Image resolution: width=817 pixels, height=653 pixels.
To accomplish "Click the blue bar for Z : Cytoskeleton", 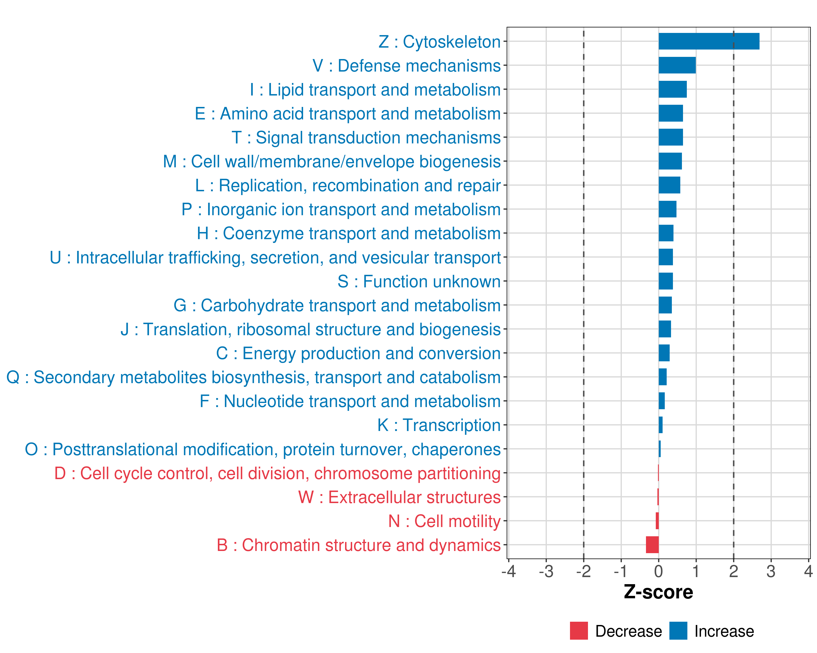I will coord(709,41).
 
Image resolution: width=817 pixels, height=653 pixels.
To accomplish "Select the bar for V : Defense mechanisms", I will coord(677,65).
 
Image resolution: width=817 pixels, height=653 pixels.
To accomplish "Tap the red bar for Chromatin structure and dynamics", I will coord(652,545).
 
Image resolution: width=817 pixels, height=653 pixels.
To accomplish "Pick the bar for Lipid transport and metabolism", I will coord(672,89).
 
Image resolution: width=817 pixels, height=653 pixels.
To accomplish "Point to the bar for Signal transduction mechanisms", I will coord(670,137).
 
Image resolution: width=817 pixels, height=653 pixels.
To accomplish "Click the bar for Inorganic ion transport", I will coord(667,209).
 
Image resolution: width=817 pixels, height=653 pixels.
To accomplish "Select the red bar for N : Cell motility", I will coord(657,521).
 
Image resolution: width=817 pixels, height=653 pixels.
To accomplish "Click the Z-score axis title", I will coord(658,592).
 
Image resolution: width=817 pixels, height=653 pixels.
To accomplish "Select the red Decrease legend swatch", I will coord(579,631).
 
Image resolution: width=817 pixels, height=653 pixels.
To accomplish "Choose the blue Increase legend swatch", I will coord(678,631).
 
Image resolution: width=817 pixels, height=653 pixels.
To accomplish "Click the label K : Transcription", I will coord(439,425).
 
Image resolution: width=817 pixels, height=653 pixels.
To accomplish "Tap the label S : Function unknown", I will coord(419,281).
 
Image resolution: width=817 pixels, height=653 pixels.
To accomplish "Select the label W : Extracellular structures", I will coord(399,497).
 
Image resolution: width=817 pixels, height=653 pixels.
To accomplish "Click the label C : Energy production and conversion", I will coord(358,353).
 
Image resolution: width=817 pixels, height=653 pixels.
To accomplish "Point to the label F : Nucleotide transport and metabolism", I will coord(350,401).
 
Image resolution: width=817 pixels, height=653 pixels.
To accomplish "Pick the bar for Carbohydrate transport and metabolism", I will coord(665,305).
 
